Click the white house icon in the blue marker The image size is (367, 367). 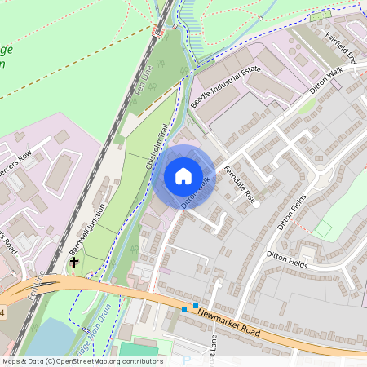click(x=183, y=175)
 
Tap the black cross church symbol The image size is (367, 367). click(x=74, y=263)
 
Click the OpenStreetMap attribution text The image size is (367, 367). click(x=82, y=361)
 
